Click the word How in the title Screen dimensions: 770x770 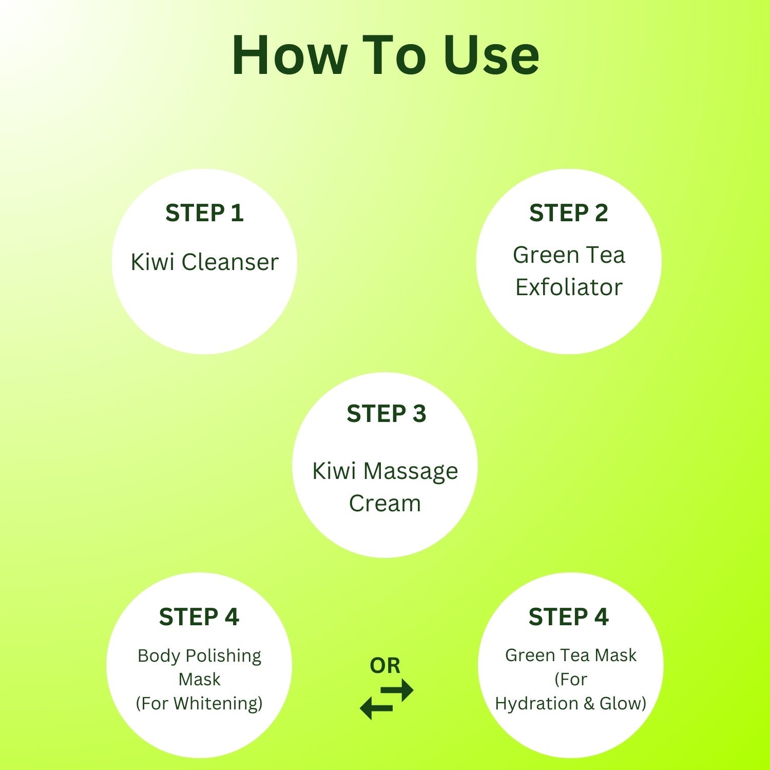coord(290,55)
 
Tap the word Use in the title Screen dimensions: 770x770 coord(491,55)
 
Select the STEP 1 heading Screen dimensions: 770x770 coord(204,213)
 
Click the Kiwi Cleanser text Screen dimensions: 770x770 coord(204,262)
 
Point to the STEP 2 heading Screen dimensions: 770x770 coord(568,213)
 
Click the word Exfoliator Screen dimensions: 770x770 coord(569,287)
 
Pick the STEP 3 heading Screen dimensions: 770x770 coord(386,414)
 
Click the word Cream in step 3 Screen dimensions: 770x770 coord(385,503)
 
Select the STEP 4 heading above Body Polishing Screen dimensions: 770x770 coord(199,617)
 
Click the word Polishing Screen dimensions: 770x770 coord(223,657)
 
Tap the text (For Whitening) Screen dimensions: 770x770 coord(199,703)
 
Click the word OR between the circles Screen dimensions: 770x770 coord(385,666)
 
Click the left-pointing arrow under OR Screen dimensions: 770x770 coord(376,708)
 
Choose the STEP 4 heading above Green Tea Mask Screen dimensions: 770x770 coord(568,617)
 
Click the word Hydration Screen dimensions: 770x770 coord(536,703)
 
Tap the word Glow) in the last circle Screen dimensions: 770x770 coord(623,703)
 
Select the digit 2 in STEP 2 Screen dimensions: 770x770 coord(601,213)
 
